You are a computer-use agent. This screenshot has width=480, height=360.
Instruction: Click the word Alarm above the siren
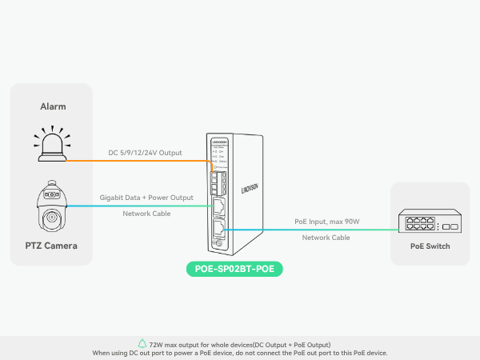pyautogui.click(x=53, y=106)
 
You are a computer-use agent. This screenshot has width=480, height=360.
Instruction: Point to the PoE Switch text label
pyautogui.click(x=430, y=246)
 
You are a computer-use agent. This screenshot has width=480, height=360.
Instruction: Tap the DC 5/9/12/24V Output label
pyautogui.click(x=146, y=153)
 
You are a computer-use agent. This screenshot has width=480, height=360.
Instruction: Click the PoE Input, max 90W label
pyautogui.click(x=326, y=222)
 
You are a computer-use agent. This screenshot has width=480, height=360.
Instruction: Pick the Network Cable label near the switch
pyautogui.click(x=326, y=238)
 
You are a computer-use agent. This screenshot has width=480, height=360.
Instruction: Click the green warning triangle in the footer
pyautogui.click(x=142, y=344)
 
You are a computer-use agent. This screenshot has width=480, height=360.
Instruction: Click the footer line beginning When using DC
pyautogui.click(x=240, y=353)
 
